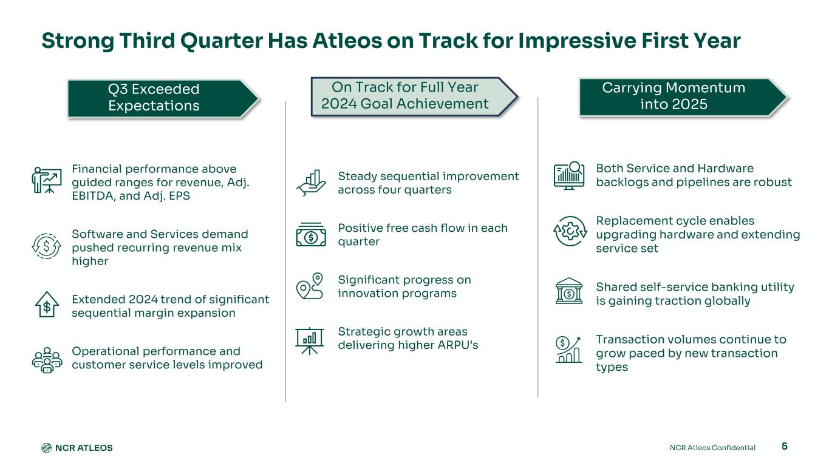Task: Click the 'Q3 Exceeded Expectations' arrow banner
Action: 163,99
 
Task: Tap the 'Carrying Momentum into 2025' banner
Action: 683,98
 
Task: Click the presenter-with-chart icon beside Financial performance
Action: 47,180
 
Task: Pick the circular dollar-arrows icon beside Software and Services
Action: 46,246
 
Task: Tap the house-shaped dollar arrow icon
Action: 47,305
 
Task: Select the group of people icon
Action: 47,360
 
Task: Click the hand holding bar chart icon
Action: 311,183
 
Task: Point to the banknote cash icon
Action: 311,234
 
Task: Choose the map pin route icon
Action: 310,286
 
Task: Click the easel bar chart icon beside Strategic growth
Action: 309,341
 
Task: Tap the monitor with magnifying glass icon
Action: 569,175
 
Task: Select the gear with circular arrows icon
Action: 570,231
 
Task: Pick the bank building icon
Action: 569,291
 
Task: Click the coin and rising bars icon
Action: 568,349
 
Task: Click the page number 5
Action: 784,446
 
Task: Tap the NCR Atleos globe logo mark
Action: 46,448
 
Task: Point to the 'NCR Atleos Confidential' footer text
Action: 712,448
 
